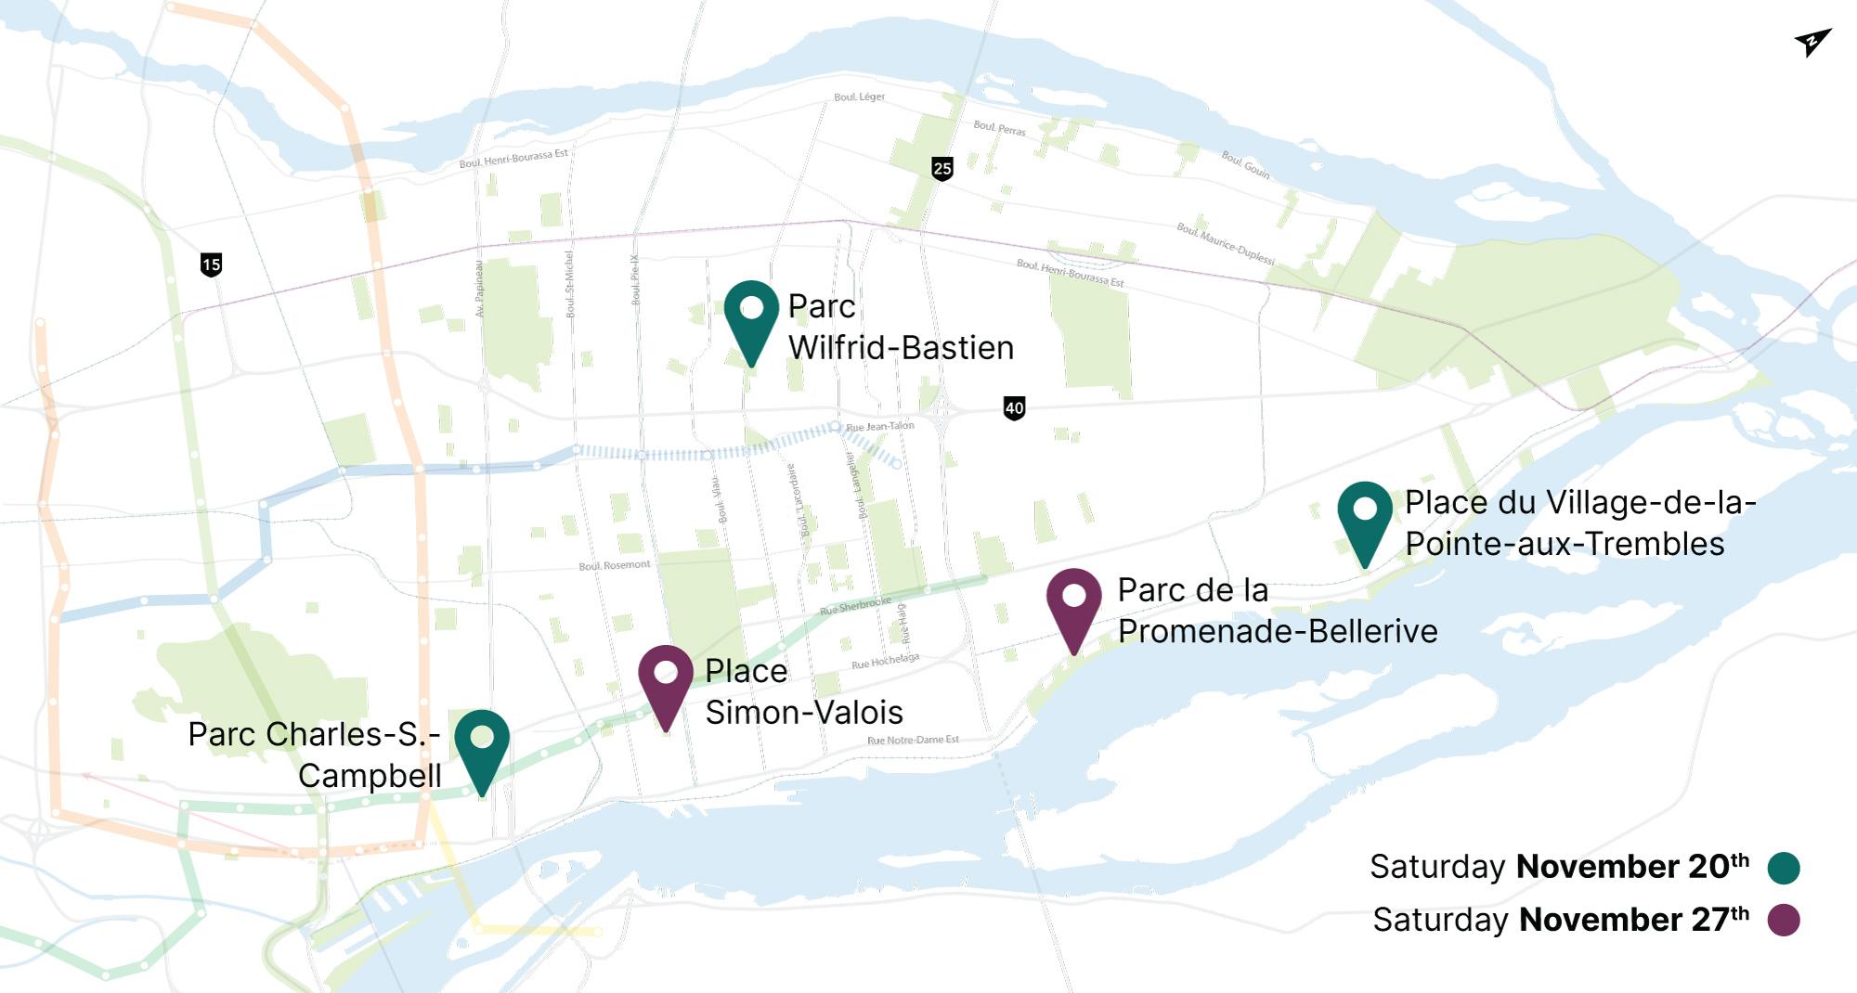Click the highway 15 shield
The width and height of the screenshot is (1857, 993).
(212, 264)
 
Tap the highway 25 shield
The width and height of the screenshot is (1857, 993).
(942, 168)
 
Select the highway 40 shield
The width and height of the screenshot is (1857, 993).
(1014, 407)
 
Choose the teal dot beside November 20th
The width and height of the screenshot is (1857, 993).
(1784, 868)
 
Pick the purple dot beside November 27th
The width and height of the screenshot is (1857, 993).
(1784, 920)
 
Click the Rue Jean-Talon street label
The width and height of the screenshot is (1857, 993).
(879, 426)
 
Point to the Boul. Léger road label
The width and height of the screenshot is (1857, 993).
(859, 97)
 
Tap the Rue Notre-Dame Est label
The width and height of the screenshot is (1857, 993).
(913, 740)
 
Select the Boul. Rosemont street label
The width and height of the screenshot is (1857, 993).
(614, 565)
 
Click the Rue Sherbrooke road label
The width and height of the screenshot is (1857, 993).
(855, 605)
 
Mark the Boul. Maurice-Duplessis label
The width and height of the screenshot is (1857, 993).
(1226, 243)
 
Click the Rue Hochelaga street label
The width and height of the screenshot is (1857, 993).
(885, 661)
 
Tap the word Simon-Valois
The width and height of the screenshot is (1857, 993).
(804, 713)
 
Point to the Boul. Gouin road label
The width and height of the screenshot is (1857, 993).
(1245, 164)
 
